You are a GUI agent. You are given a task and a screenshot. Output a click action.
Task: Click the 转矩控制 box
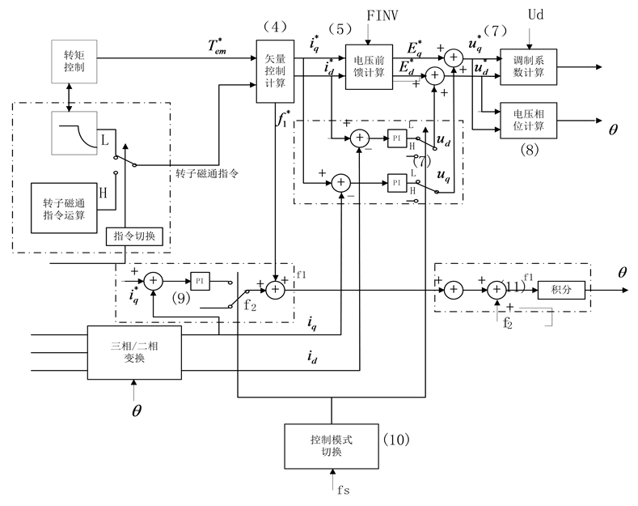(x=74, y=62)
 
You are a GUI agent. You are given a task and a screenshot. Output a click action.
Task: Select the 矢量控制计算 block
(x=275, y=71)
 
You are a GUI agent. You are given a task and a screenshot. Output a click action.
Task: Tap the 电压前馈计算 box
(x=369, y=66)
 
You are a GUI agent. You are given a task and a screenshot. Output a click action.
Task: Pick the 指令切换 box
(x=135, y=236)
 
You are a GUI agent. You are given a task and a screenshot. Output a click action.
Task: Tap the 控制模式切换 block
(x=332, y=444)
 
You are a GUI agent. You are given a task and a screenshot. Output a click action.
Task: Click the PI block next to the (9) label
(x=201, y=279)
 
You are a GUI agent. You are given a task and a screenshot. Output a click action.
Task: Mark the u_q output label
(x=443, y=175)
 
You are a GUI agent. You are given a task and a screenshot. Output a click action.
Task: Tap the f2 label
(x=250, y=306)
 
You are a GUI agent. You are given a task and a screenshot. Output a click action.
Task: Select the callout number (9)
(x=180, y=298)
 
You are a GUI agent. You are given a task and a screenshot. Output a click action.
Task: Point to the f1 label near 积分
(x=529, y=277)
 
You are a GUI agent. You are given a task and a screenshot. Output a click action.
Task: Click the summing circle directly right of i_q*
(x=154, y=280)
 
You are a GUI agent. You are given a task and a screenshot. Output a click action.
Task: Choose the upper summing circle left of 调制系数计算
(x=453, y=57)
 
